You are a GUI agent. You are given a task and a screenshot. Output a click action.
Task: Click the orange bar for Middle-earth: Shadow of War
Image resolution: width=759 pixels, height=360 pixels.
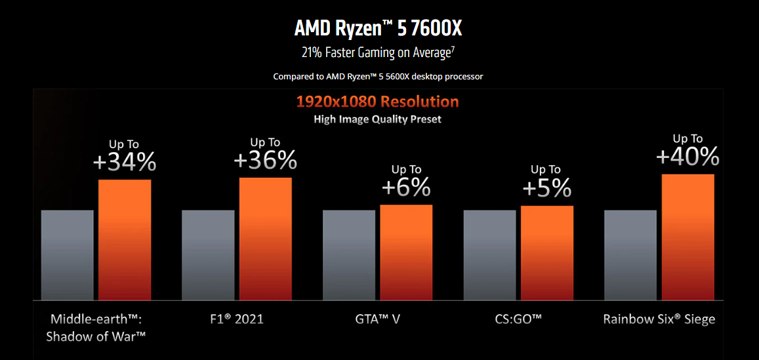pyautogui.click(x=125, y=239)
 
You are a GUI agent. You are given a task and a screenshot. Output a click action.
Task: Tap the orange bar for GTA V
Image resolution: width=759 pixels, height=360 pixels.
pyautogui.click(x=406, y=252)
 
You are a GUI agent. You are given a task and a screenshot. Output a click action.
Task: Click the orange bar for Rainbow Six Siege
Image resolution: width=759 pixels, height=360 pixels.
pyautogui.click(x=687, y=237)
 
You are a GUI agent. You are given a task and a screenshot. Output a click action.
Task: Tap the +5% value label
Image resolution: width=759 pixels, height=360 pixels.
pyautogui.click(x=546, y=189)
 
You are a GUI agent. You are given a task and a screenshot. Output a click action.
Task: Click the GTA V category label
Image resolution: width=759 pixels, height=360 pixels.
pyautogui.click(x=377, y=320)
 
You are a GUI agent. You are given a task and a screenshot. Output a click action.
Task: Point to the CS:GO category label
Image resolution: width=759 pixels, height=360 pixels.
pyautogui.click(x=518, y=320)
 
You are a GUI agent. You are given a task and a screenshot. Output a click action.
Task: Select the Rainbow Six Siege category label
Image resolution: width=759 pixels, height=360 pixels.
pyautogui.click(x=659, y=320)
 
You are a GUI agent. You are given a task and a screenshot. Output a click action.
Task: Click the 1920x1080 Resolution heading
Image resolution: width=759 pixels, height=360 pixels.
pyautogui.click(x=377, y=102)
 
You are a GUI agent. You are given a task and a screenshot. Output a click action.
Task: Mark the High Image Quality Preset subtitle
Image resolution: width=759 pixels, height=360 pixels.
pyautogui.click(x=377, y=119)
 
